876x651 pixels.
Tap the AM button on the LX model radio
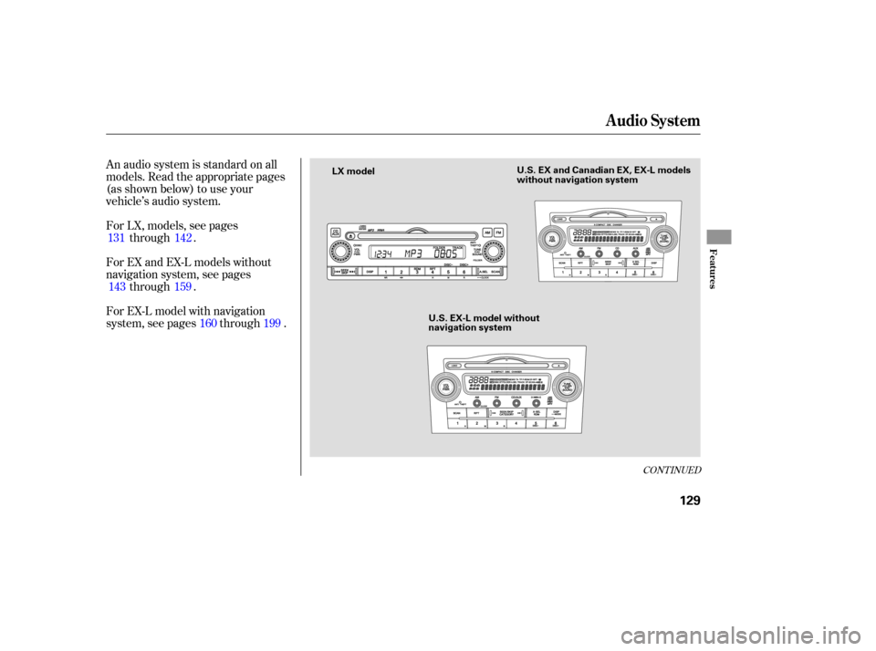pyautogui.click(x=486, y=232)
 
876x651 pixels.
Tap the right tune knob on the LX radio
pyautogui.click(x=494, y=252)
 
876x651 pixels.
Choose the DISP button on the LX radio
pyautogui.click(x=370, y=272)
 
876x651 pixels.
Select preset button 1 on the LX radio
pyautogui.click(x=387, y=272)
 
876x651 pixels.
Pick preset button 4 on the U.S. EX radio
pyautogui.click(x=618, y=272)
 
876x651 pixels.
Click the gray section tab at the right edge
pyautogui.click(x=719, y=235)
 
